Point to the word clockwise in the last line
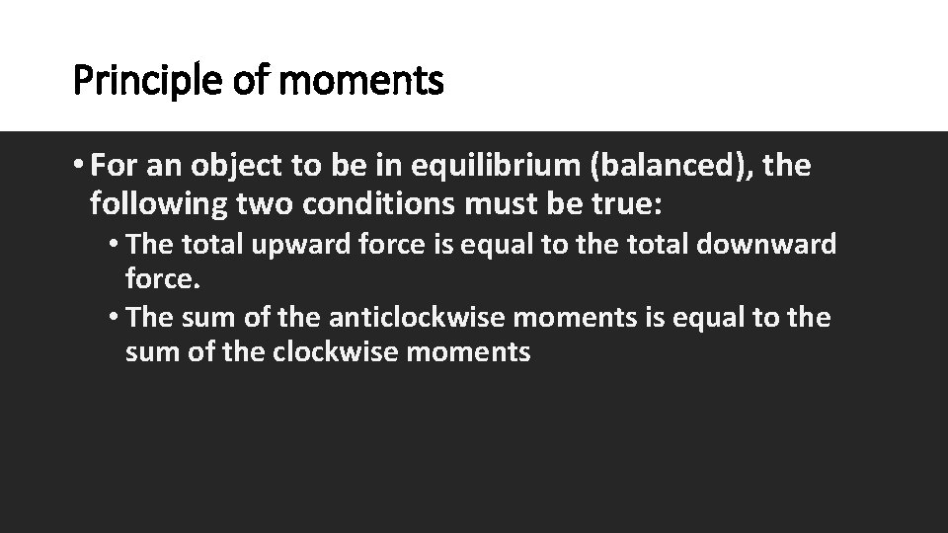[336, 352]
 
